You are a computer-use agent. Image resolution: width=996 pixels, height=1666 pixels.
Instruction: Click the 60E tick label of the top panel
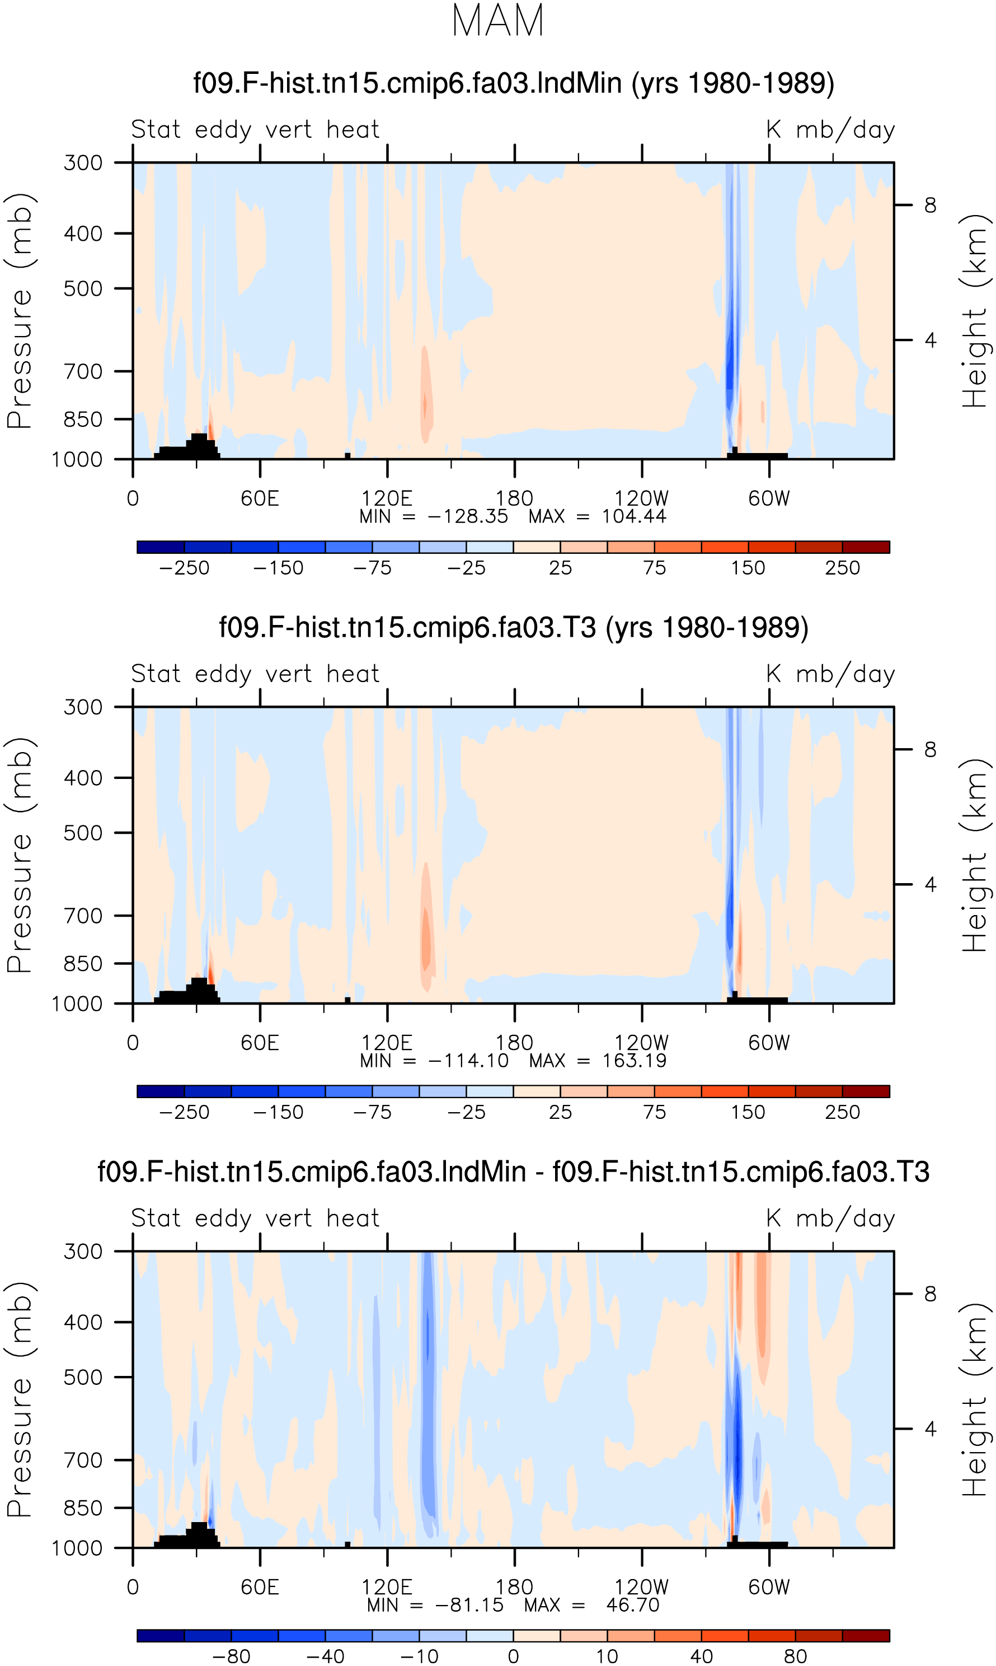pyautogui.click(x=260, y=499)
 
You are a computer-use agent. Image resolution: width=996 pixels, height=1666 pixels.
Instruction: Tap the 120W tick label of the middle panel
pyautogui.click(x=642, y=1043)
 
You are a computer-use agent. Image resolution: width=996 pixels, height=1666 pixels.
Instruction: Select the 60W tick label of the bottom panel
pyautogui.click(x=769, y=1587)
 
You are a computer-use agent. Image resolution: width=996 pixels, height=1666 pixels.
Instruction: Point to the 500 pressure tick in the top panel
pyautogui.click(x=83, y=289)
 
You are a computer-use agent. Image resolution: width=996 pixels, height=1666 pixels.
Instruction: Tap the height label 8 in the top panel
pyautogui.click(x=929, y=206)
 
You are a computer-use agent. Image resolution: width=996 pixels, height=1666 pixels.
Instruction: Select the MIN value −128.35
pyautogui.click(x=468, y=516)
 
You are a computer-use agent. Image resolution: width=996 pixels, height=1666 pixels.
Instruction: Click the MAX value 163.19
pyautogui.click(x=634, y=1061)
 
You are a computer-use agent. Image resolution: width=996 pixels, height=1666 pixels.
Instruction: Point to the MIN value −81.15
pyautogui.click(x=469, y=1605)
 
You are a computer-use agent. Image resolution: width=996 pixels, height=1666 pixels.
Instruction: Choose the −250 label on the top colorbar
pyautogui.click(x=185, y=568)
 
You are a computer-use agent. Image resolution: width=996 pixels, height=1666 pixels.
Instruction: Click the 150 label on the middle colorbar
pyautogui.click(x=748, y=1112)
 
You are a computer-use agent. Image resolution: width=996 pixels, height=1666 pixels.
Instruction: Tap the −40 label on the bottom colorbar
pyautogui.click(x=326, y=1656)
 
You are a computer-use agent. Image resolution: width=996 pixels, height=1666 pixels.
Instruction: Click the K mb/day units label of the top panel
pyautogui.click(x=831, y=129)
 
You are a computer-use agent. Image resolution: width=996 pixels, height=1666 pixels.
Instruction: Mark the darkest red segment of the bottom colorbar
pyautogui.click(x=866, y=1635)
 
